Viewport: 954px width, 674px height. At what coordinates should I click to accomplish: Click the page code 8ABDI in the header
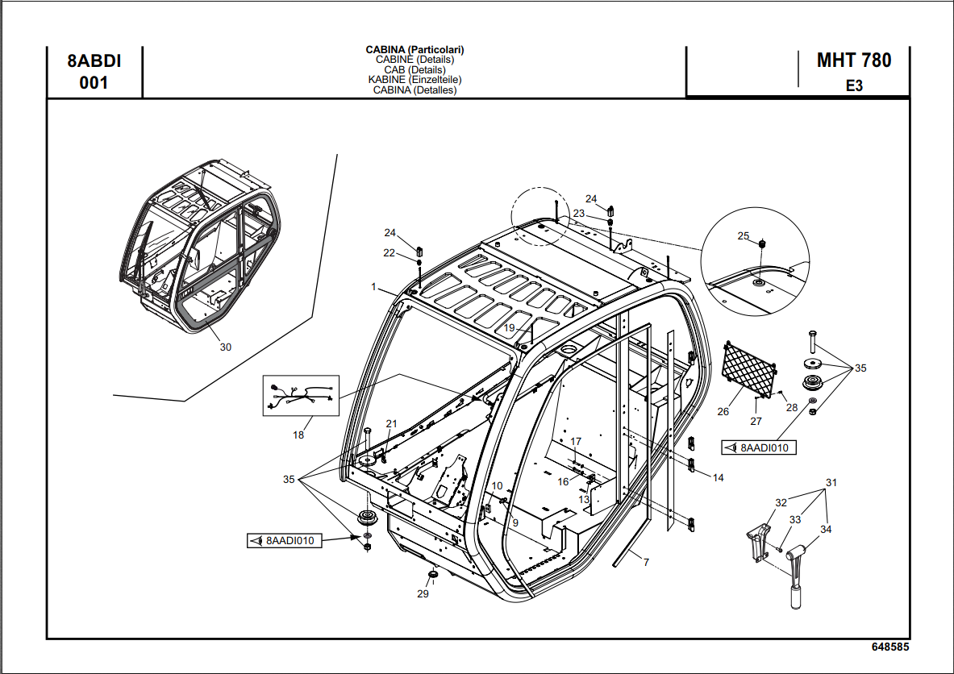click(x=94, y=61)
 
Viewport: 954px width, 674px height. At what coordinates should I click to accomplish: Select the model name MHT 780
click(x=853, y=60)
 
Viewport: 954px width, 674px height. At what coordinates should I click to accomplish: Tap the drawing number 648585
click(x=890, y=647)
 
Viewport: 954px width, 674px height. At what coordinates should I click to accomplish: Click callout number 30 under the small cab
click(x=226, y=347)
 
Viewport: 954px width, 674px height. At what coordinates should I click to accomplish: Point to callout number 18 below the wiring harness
click(x=298, y=435)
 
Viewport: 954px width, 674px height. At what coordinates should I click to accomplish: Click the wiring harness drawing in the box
click(x=301, y=396)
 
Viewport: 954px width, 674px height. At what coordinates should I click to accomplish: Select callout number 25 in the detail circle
click(x=744, y=236)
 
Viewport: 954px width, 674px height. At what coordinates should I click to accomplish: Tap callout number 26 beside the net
click(x=723, y=412)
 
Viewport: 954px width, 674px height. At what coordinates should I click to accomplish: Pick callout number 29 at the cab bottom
click(x=423, y=594)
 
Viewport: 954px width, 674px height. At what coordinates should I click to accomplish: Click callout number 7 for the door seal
click(x=646, y=562)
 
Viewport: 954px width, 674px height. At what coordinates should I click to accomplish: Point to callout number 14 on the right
click(x=718, y=478)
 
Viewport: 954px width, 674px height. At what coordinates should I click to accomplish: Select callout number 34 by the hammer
click(x=826, y=530)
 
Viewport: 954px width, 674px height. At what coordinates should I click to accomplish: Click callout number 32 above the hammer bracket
click(x=781, y=503)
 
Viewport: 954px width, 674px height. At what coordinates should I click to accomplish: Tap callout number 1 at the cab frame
click(x=374, y=286)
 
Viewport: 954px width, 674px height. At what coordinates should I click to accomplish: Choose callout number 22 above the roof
click(x=390, y=253)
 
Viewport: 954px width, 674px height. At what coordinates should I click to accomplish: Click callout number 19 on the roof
click(x=509, y=328)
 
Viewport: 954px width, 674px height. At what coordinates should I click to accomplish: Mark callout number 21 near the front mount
click(x=392, y=424)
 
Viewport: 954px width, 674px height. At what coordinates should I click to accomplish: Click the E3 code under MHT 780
click(x=853, y=85)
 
